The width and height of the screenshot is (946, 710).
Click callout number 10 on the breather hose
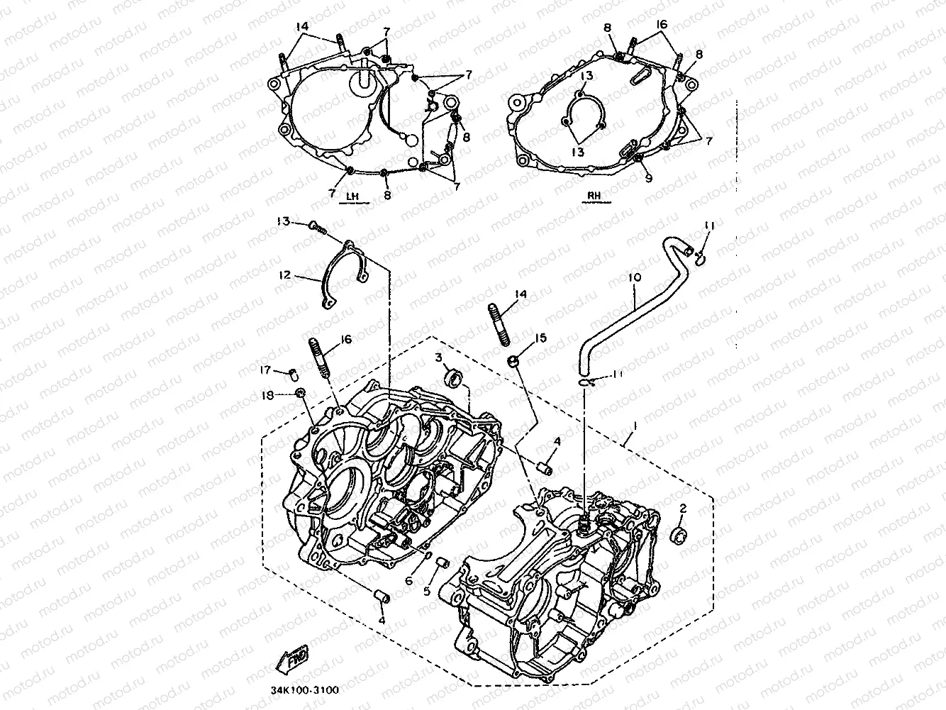(633, 277)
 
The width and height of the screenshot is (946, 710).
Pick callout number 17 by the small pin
(266, 368)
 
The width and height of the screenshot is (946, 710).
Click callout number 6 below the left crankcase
(409, 580)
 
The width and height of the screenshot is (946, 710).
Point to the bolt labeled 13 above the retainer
(317, 226)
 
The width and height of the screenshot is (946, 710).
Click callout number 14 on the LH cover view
(303, 26)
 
